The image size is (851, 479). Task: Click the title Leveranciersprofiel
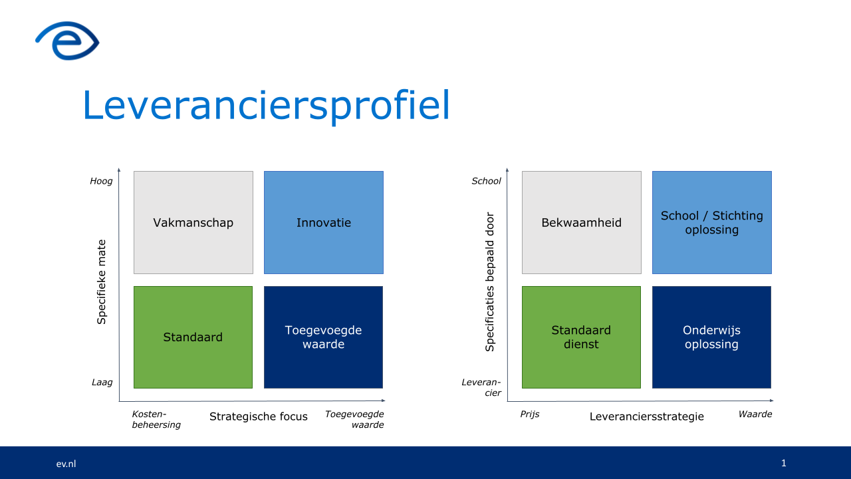266,105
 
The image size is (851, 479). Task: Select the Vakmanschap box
193,222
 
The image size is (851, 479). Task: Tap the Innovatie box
324,222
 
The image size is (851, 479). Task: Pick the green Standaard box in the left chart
193,337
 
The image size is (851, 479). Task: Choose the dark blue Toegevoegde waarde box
323,337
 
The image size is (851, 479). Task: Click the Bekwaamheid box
582,222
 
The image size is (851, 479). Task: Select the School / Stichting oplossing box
712,222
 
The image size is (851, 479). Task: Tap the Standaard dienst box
581,337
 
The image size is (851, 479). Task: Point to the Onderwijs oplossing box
711,337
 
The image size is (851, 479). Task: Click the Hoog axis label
101,182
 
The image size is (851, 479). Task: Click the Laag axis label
102,383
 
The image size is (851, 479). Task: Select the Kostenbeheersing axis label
156,419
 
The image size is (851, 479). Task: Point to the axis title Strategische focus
259,416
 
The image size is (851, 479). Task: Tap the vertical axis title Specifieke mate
102,281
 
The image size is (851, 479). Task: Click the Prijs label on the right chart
530,414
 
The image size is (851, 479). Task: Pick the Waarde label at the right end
755,414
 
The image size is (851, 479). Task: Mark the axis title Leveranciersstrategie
647,416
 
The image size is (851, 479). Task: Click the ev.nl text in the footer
66,464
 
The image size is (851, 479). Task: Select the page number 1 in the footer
784,463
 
